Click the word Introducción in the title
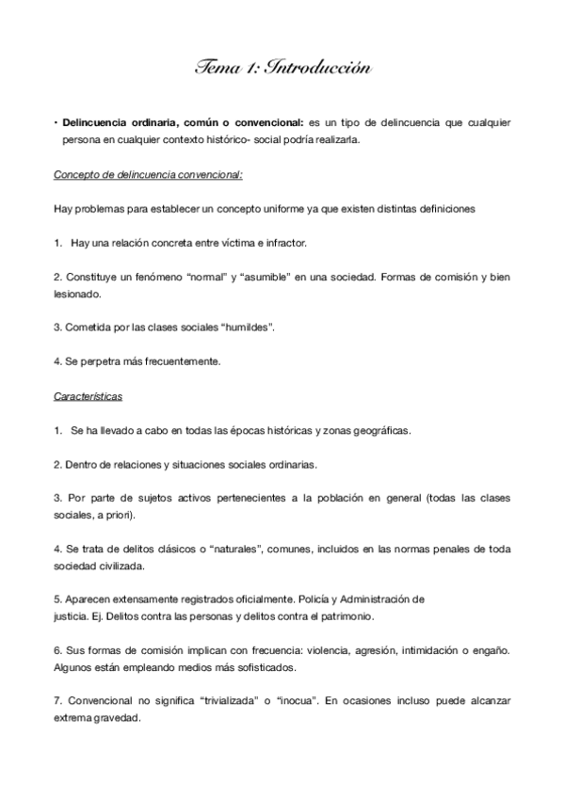tap(319, 68)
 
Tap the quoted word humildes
tap(247, 327)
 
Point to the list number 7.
tap(57, 702)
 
